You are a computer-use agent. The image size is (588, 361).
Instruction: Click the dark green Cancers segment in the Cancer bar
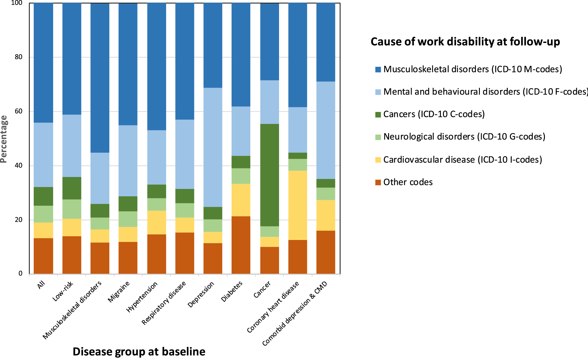[x=270, y=175]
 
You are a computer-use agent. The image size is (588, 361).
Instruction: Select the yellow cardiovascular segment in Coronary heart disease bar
[x=298, y=205]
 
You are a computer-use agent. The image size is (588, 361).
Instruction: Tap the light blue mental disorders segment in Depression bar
[x=213, y=147]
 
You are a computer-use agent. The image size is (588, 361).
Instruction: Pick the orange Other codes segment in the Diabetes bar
[x=241, y=245]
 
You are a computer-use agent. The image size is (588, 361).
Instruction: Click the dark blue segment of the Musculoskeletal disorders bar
[x=100, y=78]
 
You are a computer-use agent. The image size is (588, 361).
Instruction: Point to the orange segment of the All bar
[x=43, y=256]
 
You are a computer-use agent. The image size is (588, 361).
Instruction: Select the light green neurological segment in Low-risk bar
[x=72, y=209]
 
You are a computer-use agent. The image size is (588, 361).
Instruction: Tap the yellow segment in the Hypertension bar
[x=157, y=222]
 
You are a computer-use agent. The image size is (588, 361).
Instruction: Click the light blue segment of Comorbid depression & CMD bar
[x=326, y=130]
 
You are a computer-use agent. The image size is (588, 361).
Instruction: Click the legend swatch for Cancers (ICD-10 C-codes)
[x=378, y=114]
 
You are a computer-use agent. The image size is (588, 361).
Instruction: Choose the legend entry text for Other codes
[x=408, y=182]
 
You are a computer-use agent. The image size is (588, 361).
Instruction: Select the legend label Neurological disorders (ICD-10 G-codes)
[x=464, y=137]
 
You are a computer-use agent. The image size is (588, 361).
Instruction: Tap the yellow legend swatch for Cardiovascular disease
[x=378, y=160]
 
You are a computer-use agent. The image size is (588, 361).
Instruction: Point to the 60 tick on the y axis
[x=18, y=111]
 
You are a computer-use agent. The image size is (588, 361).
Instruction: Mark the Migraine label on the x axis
[x=119, y=292]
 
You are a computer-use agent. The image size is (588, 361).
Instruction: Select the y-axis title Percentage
[x=4, y=139]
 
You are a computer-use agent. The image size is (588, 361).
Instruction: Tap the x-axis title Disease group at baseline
[x=139, y=351]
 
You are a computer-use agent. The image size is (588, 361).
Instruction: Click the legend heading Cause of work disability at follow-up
[x=465, y=42]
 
